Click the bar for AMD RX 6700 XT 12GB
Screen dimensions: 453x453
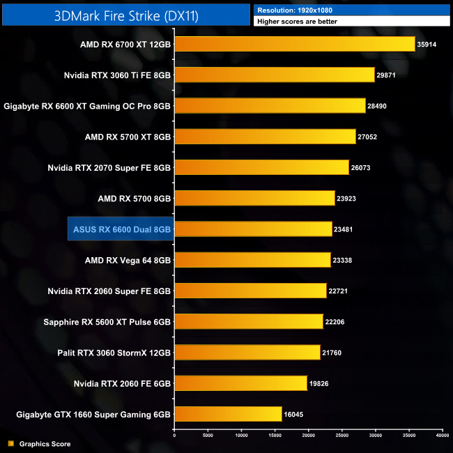point(294,44)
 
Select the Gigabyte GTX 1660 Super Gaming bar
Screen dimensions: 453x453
point(228,414)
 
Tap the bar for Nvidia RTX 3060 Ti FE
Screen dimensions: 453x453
point(274,75)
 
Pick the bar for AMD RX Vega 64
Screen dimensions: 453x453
point(252,260)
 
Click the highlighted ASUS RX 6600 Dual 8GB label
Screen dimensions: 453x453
point(121,229)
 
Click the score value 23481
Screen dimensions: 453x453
point(346,229)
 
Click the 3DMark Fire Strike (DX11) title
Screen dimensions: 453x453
point(126,15)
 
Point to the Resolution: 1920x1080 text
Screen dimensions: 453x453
point(295,10)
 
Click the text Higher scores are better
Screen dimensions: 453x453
point(298,22)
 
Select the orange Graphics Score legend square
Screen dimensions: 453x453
point(10,443)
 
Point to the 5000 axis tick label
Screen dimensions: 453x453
point(208,436)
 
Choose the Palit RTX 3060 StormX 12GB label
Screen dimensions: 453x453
point(114,352)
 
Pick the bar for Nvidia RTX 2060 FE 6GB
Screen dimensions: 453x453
point(240,383)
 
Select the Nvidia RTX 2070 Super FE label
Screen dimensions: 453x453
point(109,167)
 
